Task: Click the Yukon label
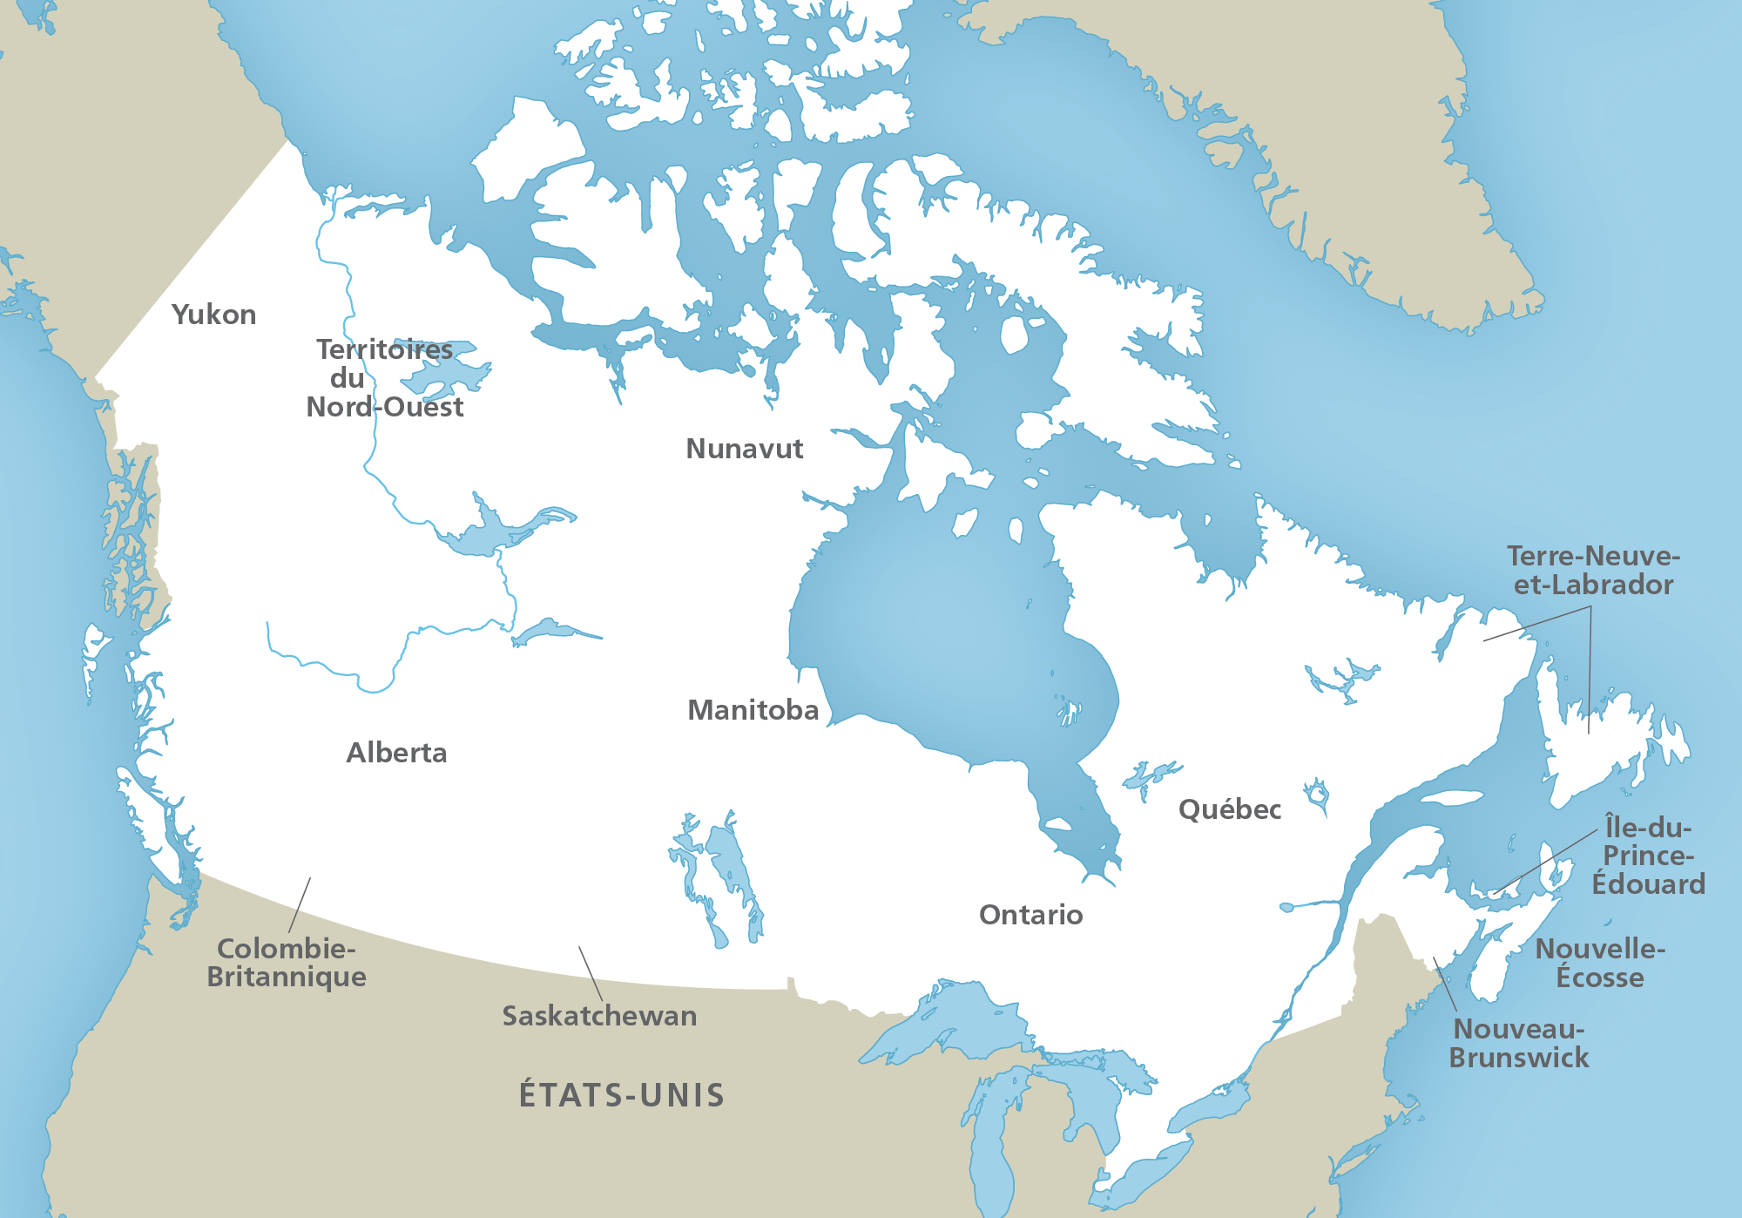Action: pyautogui.click(x=213, y=315)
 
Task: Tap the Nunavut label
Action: pyautogui.click(x=744, y=449)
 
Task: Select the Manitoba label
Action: pyautogui.click(x=753, y=710)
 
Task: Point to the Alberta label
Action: pyautogui.click(x=396, y=753)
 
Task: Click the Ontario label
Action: pyautogui.click(x=1030, y=915)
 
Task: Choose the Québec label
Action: pyautogui.click(x=1229, y=809)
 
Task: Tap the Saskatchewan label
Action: pyautogui.click(x=599, y=1016)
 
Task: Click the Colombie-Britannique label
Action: pyautogui.click(x=286, y=963)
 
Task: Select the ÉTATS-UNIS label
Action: pyautogui.click(x=622, y=1095)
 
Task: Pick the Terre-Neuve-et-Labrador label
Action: pyautogui.click(x=1593, y=571)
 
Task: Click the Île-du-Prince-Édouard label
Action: pyautogui.click(x=1648, y=856)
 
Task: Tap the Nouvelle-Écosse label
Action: pyautogui.click(x=1600, y=963)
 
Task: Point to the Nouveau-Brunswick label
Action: pyautogui.click(x=1518, y=1043)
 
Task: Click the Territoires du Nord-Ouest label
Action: pyautogui.click(x=384, y=378)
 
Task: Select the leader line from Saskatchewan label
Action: pyautogui.click(x=591, y=973)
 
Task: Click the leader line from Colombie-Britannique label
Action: pyautogui.click(x=300, y=905)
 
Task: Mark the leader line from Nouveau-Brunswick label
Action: pyautogui.click(x=1445, y=985)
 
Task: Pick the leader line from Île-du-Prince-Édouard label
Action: pyautogui.click(x=1546, y=862)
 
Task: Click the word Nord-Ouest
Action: pyautogui.click(x=384, y=407)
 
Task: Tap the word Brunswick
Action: pyautogui.click(x=1518, y=1058)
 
